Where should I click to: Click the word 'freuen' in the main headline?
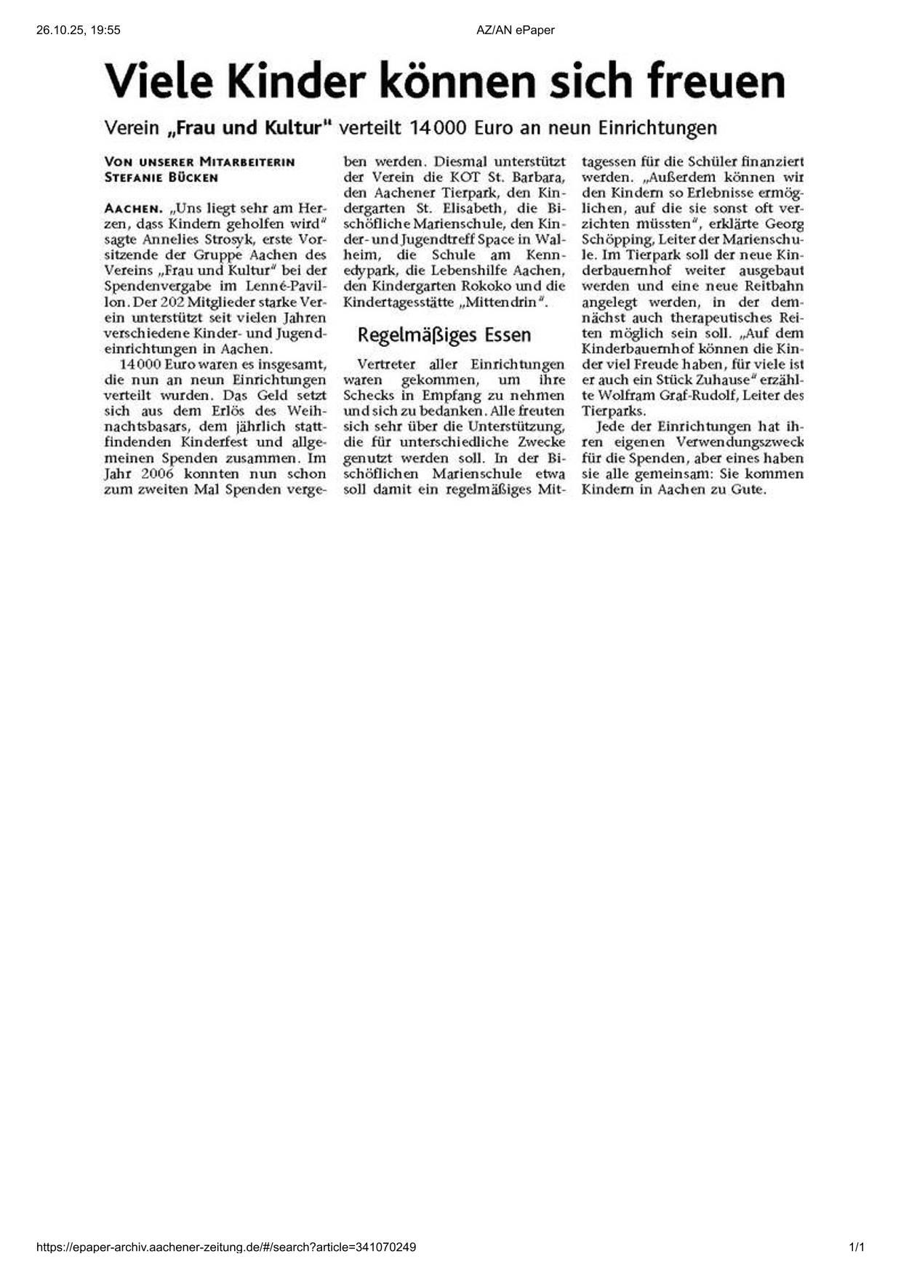(716, 81)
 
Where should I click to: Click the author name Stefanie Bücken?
(161, 177)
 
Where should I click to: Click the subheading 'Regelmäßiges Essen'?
(444, 335)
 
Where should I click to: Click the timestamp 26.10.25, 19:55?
(78, 30)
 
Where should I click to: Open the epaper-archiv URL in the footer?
(226, 1247)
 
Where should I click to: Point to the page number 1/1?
(857, 1247)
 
